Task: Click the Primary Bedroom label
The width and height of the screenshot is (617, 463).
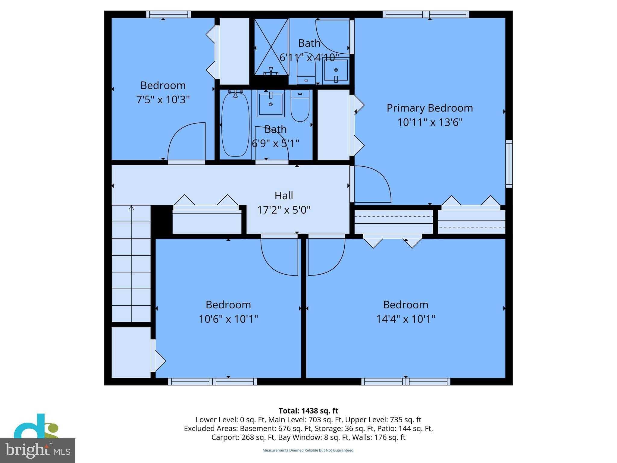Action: tap(429, 108)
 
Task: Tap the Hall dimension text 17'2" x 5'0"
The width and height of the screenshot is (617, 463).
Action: tap(283, 210)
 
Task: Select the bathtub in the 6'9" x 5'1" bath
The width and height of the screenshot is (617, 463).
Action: tap(235, 125)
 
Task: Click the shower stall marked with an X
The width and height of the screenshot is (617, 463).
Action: tap(271, 47)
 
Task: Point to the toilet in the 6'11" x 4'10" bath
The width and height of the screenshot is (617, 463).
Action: tap(306, 71)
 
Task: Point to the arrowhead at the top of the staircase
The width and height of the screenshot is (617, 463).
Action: tap(131, 208)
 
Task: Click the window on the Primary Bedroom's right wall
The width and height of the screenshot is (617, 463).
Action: tap(509, 164)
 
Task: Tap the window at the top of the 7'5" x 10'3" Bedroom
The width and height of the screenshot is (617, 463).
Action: tap(168, 14)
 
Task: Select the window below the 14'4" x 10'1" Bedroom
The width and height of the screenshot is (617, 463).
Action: tap(406, 382)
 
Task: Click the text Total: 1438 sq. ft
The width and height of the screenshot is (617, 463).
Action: tap(308, 411)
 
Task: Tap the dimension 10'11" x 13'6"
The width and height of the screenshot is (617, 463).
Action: tap(429, 122)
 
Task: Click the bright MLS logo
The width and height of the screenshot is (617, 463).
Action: tap(37, 450)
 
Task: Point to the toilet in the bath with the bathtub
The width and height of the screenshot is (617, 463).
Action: tap(300, 106)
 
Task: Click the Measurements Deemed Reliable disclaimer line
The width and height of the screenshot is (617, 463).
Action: tap(308, 450)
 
